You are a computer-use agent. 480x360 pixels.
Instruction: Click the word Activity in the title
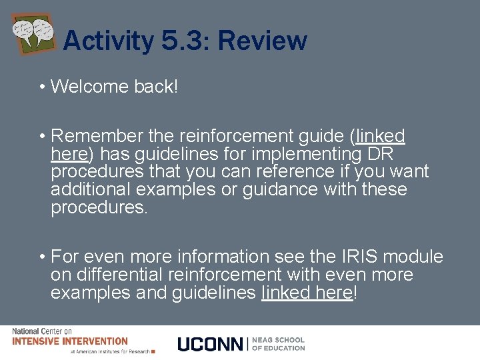coord(107,41)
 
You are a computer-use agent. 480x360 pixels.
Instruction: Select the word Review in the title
coord(262,41)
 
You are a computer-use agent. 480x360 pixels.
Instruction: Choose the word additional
coord(89,189)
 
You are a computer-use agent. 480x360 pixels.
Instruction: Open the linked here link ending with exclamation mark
coord(307,293)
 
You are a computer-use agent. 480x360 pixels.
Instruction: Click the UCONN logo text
coord(211,343)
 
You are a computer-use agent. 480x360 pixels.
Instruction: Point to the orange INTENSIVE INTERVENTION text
coord(69,341)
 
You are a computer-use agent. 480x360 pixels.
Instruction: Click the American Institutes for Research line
coord(110,351)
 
